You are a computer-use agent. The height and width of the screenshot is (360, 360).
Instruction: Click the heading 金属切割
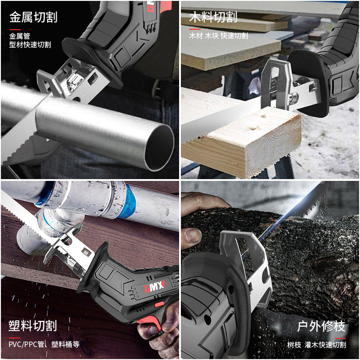[33, 18]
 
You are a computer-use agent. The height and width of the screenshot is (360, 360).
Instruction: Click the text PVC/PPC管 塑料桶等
[44, 345]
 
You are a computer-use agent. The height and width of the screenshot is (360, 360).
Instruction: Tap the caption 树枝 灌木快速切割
[317, 345]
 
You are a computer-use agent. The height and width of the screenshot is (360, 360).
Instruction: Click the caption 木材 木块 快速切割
[218, 36]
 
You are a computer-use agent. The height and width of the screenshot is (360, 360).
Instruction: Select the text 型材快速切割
[30, 45]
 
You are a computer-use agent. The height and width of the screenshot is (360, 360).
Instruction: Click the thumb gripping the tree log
[193, 234]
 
